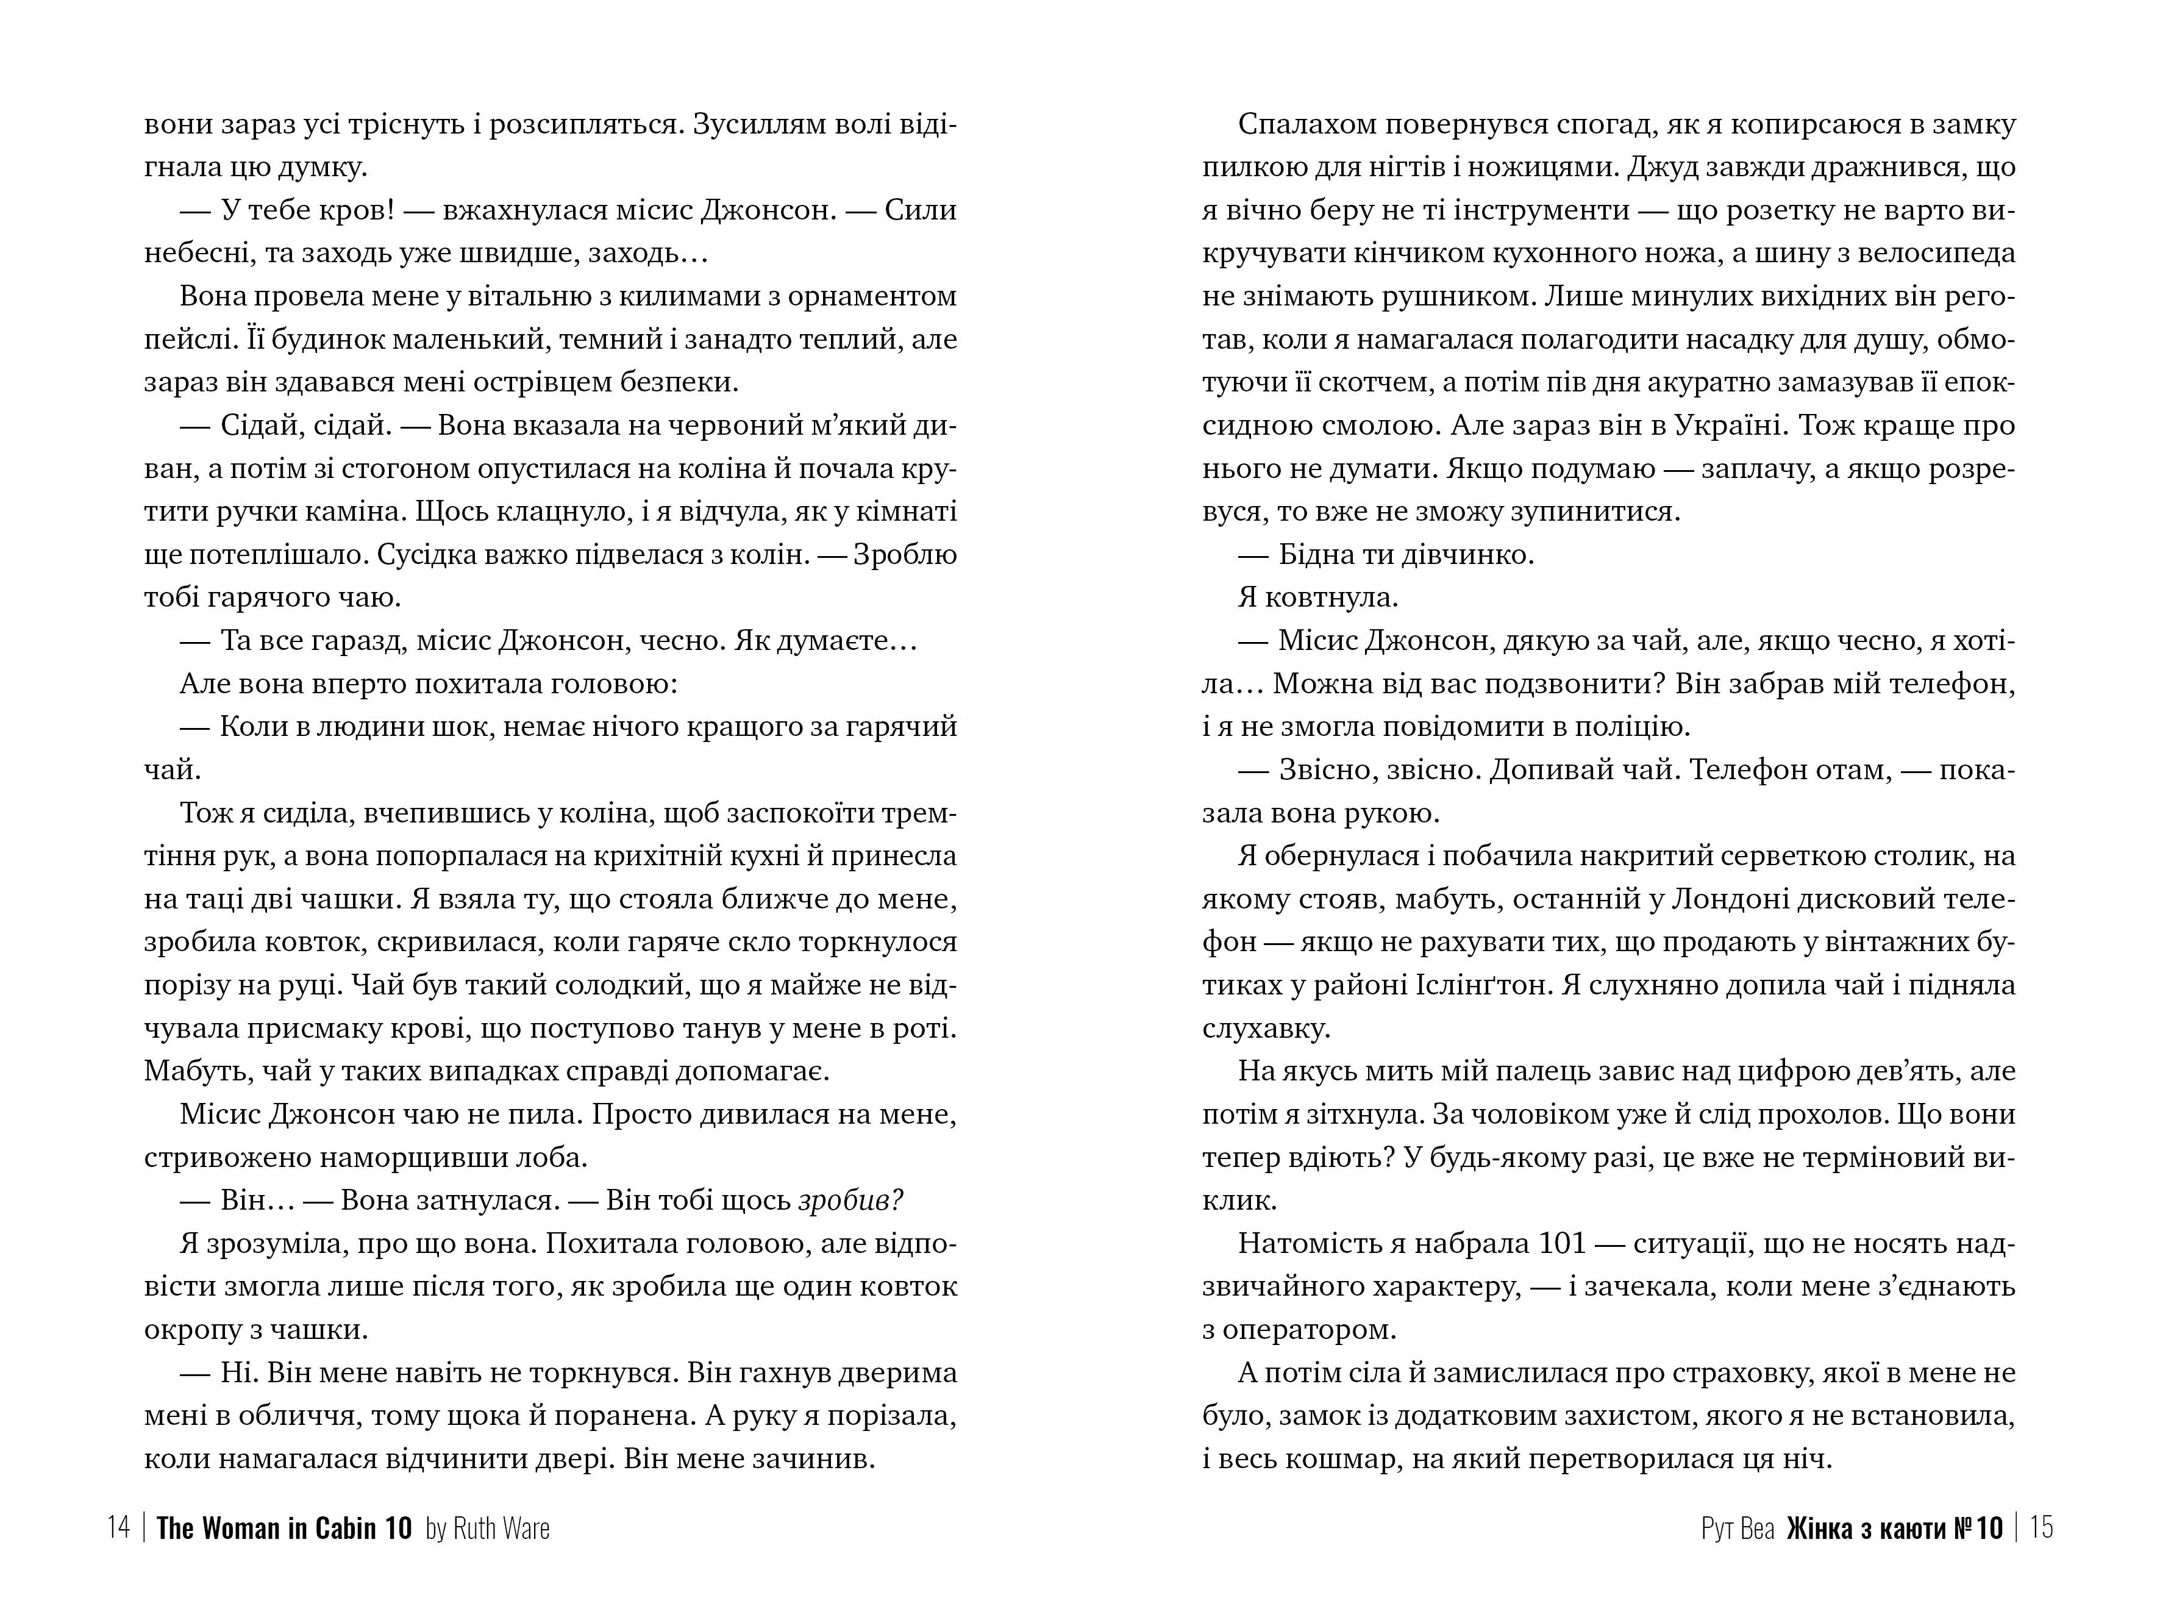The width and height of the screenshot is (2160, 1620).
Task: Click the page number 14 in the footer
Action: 118,1527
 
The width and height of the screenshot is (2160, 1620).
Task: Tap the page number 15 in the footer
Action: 2041,1527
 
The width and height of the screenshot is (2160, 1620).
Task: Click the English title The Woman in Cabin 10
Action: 284,1527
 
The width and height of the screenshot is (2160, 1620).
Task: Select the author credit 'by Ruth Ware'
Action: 487,1527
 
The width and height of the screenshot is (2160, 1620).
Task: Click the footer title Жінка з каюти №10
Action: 1894,1527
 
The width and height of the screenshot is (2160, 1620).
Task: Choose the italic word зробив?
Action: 850,1200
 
